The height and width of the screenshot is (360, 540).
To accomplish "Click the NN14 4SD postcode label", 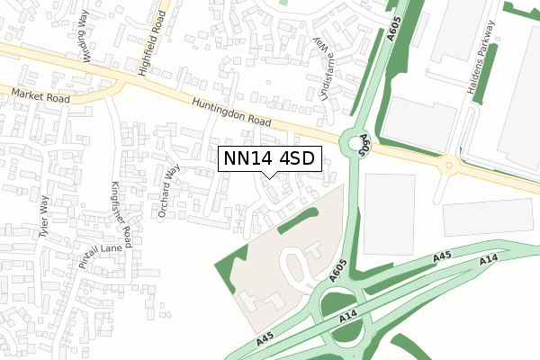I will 269,158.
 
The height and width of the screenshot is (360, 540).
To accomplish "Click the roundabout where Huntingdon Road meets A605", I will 349,141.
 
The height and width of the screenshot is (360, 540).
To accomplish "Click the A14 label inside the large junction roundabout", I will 350,319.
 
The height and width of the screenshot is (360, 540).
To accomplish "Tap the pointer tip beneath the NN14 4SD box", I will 269,175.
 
